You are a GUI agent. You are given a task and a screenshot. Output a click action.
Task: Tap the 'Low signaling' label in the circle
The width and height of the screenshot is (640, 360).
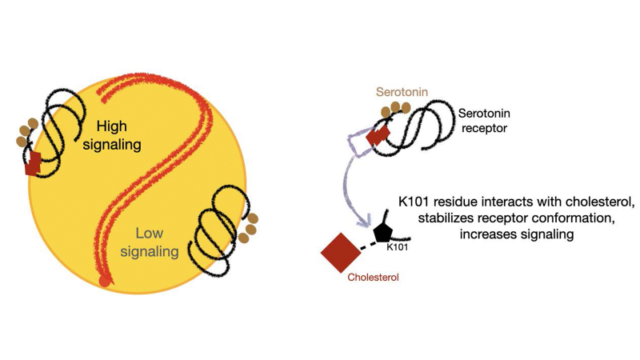(156, 242)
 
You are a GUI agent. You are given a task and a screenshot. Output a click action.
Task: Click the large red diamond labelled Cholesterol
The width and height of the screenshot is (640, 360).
(341, 253)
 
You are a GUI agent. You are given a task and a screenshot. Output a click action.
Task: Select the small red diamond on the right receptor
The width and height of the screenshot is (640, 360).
(377, 138)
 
